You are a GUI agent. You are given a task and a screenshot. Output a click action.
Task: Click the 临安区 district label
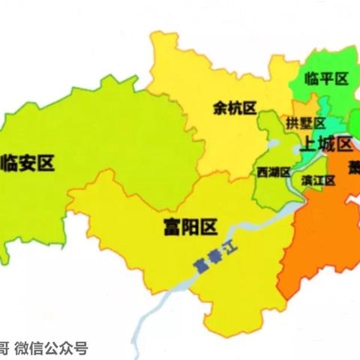(28, 163)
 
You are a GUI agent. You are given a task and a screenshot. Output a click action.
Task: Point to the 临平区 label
(328, 78)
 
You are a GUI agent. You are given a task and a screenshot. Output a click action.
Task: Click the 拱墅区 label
(306, 123)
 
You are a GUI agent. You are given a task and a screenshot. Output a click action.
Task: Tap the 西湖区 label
(273, 172)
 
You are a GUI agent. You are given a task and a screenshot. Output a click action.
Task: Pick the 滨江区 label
(317, 180)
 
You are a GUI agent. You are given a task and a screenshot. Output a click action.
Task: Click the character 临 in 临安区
(10, 163)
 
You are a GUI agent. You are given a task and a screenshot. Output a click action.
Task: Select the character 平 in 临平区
(328, 78)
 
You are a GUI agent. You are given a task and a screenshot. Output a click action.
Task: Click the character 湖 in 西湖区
(273, 172)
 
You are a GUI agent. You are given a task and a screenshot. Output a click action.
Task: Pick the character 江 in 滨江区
(317, 180)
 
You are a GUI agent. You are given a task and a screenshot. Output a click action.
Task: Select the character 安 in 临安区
(28, 163)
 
